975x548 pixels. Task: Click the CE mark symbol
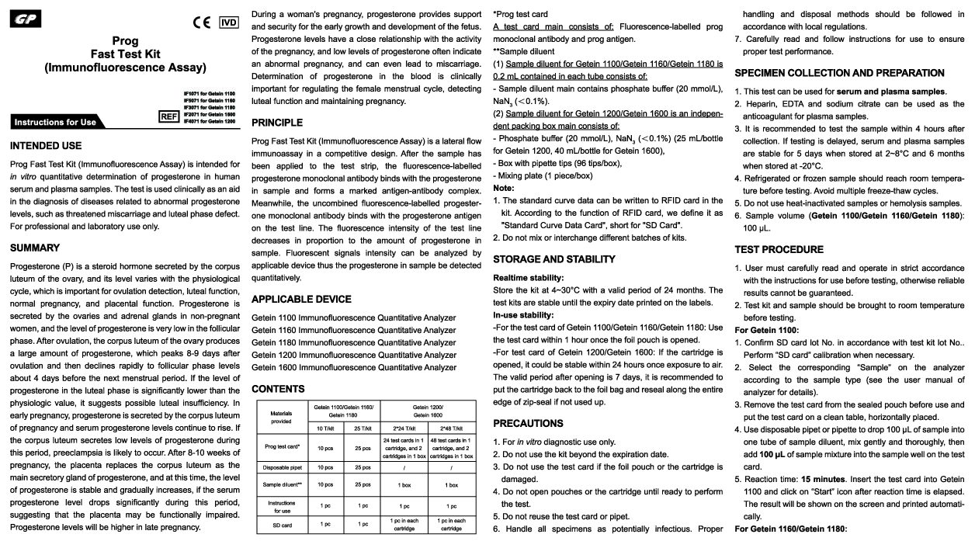(201, 22)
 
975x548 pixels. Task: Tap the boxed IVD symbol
(228, 22)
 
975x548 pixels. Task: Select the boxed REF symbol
(168, 116)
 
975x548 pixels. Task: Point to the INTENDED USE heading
(46, 145)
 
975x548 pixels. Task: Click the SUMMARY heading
(35, 248)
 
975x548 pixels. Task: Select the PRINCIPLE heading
(277, 123)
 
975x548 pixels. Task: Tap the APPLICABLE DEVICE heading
(301, 299)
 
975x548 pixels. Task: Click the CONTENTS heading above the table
(278, 388)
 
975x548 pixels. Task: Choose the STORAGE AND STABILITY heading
(554, 258)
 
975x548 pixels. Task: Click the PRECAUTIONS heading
(529, 423)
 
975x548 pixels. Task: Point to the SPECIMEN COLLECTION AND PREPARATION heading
(839, 73)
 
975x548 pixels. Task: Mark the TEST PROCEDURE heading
(779, 249)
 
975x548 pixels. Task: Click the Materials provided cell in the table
(281, 418)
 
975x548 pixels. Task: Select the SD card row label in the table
(281, 525)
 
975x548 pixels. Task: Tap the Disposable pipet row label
(281, 467)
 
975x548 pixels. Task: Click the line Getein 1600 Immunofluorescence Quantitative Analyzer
(354, 367)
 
